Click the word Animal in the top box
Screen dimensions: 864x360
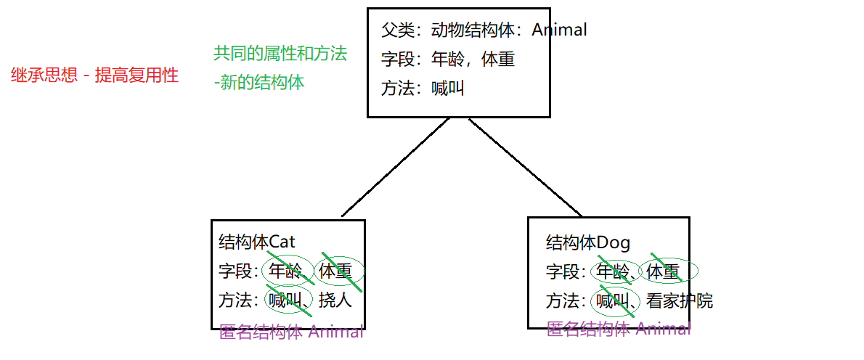[559, 30]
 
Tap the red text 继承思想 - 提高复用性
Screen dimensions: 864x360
[95, 75]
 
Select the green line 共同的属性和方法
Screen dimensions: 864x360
[280, 54]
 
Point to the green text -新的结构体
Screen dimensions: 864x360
[259, 83]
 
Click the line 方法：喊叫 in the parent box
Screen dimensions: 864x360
[423, 88]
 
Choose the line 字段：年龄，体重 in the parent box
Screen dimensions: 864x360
[448, 59]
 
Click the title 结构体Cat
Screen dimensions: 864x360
[257, 242]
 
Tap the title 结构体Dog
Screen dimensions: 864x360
[588, 242]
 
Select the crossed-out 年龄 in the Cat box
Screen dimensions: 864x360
[284, 271]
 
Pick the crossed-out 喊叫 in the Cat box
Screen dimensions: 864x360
[284, 300]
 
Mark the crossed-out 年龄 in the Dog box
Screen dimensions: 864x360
[611, 271]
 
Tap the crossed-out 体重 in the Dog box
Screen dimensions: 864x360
[663, 271]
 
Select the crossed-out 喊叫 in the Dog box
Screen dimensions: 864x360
[611, 300]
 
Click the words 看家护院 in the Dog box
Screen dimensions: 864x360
[680, 300]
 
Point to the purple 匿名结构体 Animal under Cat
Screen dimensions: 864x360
[291, 332]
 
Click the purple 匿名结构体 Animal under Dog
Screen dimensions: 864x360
[619, 330]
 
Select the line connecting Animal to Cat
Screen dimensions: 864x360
[396, 167]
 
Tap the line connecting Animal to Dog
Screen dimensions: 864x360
[525, 167]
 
